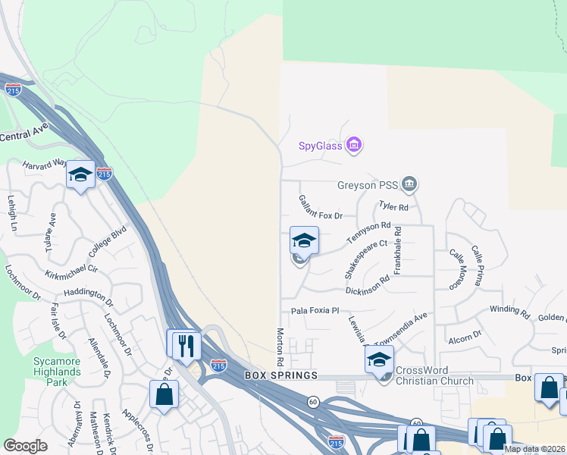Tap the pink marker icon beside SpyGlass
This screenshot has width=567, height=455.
point(353,144)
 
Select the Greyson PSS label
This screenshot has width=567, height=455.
point(367,184)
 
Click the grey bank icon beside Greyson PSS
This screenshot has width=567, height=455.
point(409,184)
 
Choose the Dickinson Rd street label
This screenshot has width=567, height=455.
point(367,284)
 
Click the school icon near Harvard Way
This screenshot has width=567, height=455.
point(80,175)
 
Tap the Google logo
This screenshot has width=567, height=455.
point(26,446)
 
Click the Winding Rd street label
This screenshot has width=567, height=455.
point(509,310)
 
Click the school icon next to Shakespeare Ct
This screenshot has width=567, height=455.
point(304,241)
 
